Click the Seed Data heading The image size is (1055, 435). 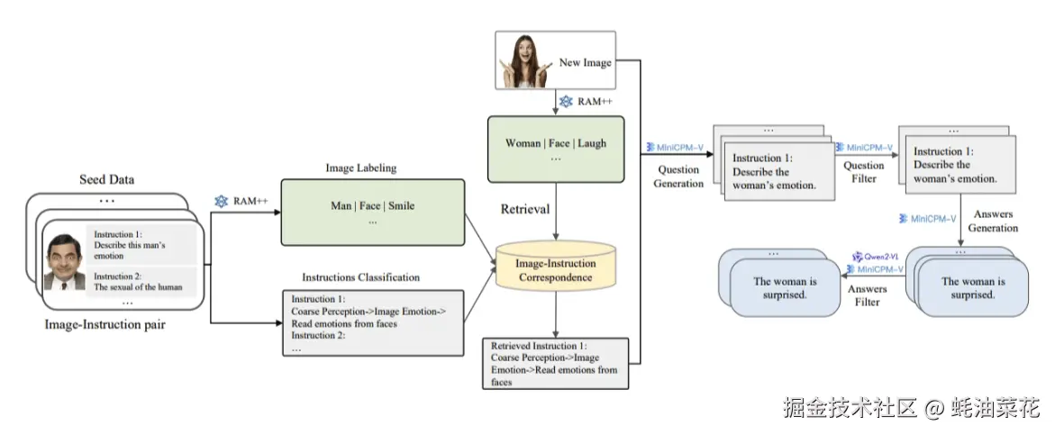(x=106, y=179)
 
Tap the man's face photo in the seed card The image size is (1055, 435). (x=65, y=261)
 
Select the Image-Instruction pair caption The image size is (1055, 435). (x=105, y=325)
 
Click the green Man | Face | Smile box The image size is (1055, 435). (x=373, y=212)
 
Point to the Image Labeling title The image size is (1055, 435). (x=360, y=168)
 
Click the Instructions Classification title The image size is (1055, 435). (x=360, y=277)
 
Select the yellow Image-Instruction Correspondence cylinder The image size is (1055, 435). (x=555, y=267)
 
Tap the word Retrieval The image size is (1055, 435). (x=526, y=209)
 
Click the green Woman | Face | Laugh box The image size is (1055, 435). (x=556, y=149)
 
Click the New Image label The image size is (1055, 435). (x=586, y=62)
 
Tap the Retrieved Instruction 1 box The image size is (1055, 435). (x=555, y=364)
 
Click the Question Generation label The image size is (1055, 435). (x=678, y=177)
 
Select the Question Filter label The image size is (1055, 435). (x=864, y=172)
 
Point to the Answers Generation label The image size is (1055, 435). (x=993, y=222)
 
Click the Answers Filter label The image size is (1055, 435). (x=868, y=295)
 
